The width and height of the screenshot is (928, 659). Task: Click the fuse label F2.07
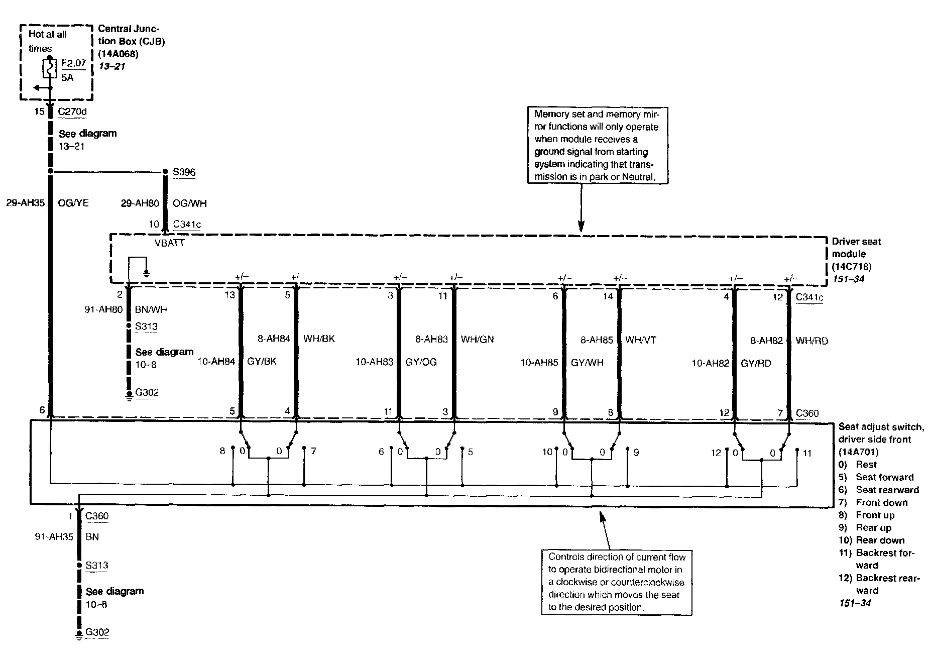73,64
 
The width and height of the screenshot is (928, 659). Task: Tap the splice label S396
184,172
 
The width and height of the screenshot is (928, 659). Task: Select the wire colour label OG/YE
73,203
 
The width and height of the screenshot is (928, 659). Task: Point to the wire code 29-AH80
140,203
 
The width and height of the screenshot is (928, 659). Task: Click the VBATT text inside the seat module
170,243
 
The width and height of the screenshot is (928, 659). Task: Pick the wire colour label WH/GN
477,340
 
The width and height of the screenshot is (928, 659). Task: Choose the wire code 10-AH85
539,363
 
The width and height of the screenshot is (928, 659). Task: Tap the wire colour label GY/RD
756,363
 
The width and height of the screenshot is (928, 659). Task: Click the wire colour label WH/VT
640,340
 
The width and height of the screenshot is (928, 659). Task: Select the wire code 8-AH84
274,339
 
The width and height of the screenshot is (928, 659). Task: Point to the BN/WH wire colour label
151,310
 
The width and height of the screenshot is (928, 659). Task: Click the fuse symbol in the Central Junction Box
49,68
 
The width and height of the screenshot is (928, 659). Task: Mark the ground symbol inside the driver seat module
147,273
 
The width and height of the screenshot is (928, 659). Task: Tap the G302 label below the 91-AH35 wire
97,632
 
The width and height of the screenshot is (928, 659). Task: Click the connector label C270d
72,112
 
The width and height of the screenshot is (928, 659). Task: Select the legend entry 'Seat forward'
884,477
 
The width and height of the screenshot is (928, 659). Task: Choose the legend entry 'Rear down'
880,540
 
